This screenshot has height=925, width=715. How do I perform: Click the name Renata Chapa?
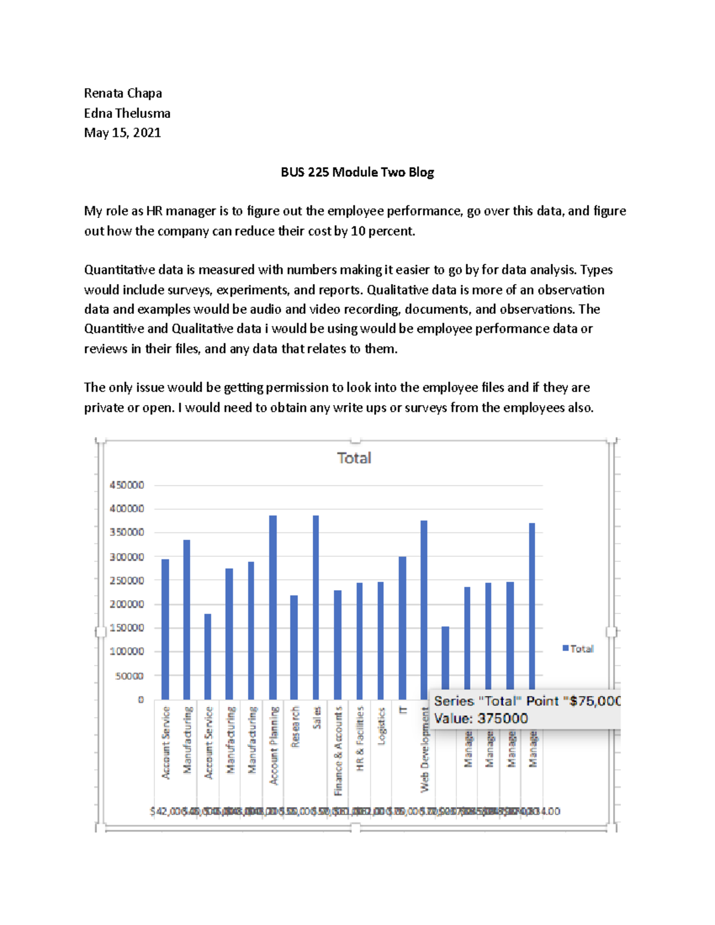(123, 93)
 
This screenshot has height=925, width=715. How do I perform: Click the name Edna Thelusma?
(127, 113)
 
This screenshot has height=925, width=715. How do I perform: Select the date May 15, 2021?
(122, 133)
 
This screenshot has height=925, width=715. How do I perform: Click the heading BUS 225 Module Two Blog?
(357, 172)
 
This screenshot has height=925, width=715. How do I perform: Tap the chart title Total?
(354, 458)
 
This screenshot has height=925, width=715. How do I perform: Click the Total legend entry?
(578, 649)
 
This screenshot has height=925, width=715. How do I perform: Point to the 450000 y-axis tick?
(127, 485)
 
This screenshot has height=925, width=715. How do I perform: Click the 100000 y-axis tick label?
(127, 652)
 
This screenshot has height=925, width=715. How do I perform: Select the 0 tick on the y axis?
(141, 700)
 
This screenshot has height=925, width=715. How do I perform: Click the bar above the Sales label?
(316, 608)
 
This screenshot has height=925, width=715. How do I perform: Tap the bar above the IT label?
(402, 628)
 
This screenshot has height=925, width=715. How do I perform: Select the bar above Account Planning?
(273, 608)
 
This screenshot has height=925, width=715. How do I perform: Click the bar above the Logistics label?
(381, 641)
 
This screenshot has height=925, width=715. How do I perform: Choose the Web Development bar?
(424, 602)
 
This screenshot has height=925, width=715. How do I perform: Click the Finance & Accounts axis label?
(338, 750)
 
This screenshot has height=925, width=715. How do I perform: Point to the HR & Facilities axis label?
(360, 739)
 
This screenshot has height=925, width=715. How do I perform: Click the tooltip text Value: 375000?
(481, 718)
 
